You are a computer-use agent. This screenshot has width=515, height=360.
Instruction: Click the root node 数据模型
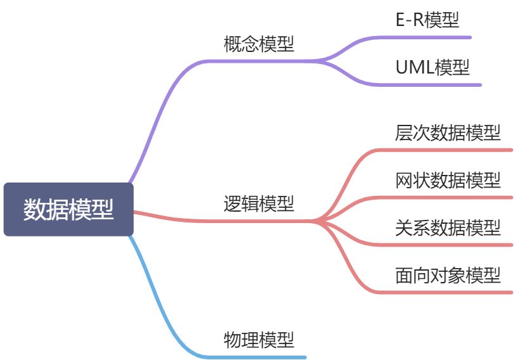(68, 209)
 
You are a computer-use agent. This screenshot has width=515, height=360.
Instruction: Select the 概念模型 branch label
(259, 44)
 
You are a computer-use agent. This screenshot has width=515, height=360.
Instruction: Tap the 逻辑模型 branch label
(259, 203)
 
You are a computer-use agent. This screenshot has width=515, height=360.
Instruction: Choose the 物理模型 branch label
(259, 340)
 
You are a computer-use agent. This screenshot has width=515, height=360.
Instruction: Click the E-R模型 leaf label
(427, 20)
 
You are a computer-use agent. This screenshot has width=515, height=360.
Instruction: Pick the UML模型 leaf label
(433, 67)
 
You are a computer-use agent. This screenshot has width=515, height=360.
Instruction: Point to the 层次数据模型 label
(448, 133)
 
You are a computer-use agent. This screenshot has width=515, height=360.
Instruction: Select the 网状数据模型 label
(448, 181)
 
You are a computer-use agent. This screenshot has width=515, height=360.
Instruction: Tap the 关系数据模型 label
(448, 228)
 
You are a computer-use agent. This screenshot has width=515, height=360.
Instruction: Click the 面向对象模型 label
(448, 276)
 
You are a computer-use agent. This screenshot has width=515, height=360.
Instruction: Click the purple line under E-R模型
(431, 37)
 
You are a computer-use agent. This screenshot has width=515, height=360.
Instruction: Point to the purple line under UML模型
(438, 84)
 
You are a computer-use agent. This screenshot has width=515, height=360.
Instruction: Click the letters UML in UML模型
(415, 67)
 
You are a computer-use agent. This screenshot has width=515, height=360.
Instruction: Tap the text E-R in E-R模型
(409, 20)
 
